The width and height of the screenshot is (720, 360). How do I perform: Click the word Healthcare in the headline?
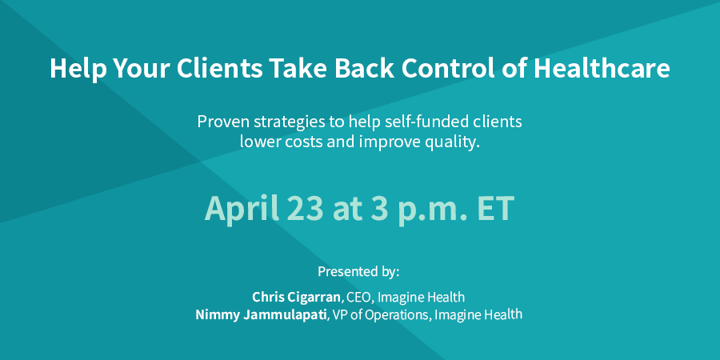[602, 69]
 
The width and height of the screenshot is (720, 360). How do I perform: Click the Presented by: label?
[358, 271]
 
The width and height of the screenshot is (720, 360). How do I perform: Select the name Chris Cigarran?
[297, 297]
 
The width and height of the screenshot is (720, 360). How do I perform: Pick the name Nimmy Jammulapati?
[261, 315]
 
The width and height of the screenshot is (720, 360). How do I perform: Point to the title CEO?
[358, 297]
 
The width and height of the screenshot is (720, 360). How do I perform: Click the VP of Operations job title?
[380, 315]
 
